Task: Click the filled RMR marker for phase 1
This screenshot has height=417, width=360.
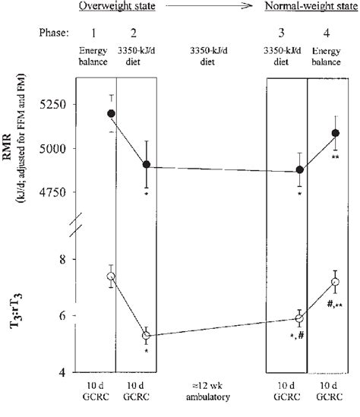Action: (x=111, y=113)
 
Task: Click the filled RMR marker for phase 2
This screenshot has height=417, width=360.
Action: (x=146, y=165)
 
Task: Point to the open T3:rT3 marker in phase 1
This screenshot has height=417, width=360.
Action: (x=111, y=276)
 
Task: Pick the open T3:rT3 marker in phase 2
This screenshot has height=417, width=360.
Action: (x=146, y=335)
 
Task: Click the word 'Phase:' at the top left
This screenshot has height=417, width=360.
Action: (x=57, y=34)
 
